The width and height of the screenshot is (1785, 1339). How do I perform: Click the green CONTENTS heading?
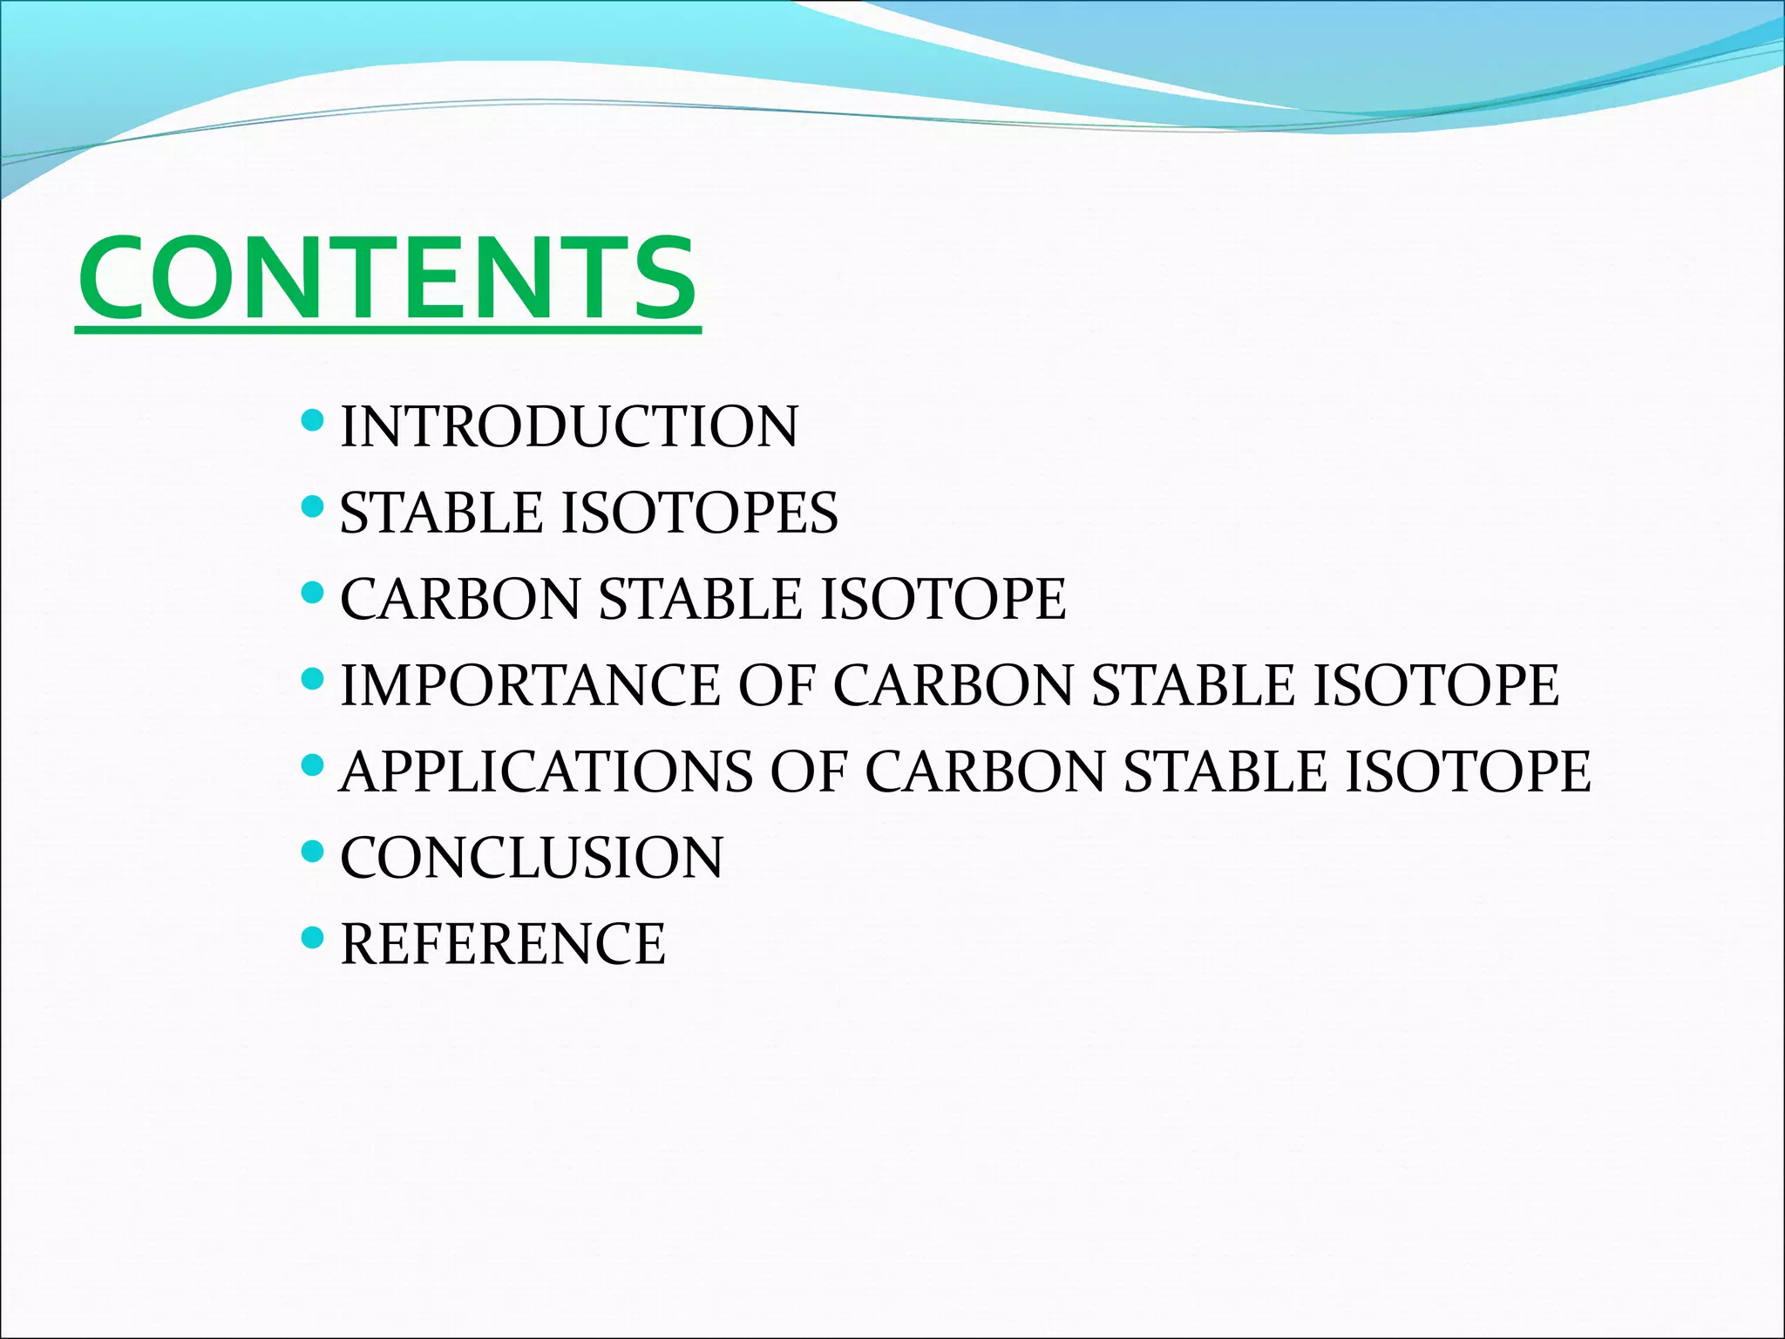pyautogui.click(x=387, y=279)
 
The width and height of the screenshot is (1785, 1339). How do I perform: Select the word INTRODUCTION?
pyautogui.click(x=568, y=427)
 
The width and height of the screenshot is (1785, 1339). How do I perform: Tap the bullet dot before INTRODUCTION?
pyautogui.click(x=312, y=422)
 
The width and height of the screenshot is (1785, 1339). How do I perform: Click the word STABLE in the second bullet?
pyautogui.click(x=440, y=513)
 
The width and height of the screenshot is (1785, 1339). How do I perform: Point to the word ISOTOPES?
pyautogui.click(x=700, y=513)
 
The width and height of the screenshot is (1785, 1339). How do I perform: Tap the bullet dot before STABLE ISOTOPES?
pyautogui.click(x=312, y=506)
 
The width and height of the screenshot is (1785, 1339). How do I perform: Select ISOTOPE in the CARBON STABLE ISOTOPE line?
pyautogui.click(x=943, y=599)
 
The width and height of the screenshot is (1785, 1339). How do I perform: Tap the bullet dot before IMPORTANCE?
pyautogui.click(x=312, y=678)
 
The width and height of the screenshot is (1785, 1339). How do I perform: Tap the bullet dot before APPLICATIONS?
pyautogui.click(x=312, y=765)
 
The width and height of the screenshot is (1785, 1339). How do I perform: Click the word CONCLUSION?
pyautogui.click(x=532, y=858)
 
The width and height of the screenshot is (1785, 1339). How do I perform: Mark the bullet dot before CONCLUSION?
pyautogui.click(x=312, y=851)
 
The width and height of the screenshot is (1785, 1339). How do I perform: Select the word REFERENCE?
pyautogui.click(x=503, y=944)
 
